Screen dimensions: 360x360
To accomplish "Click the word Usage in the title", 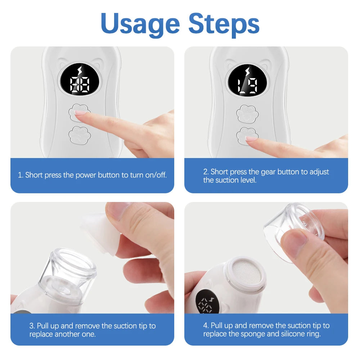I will pyautogui.click(x=140, y=23).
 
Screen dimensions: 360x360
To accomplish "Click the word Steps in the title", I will pyautogui.click(x=224, y=23).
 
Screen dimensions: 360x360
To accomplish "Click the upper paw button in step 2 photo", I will pyautogui.click(x=247, y=113).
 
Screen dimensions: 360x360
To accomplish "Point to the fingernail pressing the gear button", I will pyautogui.click(x=251, y=139).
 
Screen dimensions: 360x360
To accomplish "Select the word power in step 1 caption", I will pyautogui.click(x=85, y=175).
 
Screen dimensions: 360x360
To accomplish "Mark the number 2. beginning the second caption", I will pyautogui.click(x=206, y=172).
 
